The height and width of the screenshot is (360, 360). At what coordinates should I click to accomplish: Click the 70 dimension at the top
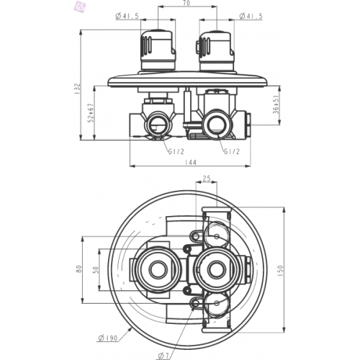187,3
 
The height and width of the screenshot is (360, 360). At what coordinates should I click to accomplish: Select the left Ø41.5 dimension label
127,16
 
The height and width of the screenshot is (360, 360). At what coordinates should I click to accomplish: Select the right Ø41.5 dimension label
251,16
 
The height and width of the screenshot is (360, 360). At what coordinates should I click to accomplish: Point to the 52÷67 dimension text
91,113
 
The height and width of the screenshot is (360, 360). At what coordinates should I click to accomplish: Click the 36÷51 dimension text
276,104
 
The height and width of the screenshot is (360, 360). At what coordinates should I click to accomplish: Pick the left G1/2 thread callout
176,152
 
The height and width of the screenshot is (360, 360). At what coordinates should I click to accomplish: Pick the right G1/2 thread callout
232,151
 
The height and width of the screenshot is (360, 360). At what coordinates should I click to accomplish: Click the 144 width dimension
191,163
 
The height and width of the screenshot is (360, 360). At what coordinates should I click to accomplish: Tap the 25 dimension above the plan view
207,179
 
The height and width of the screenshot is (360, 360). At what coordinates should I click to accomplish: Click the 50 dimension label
96,270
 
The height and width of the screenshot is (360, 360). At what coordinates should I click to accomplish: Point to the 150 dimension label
281,271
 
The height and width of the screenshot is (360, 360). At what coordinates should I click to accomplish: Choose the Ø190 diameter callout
108,338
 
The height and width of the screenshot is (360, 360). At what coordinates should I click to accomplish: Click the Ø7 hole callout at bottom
164,356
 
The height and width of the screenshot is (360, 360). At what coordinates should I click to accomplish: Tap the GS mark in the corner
80,7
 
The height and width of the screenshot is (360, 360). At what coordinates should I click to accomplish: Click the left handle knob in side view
158,50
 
